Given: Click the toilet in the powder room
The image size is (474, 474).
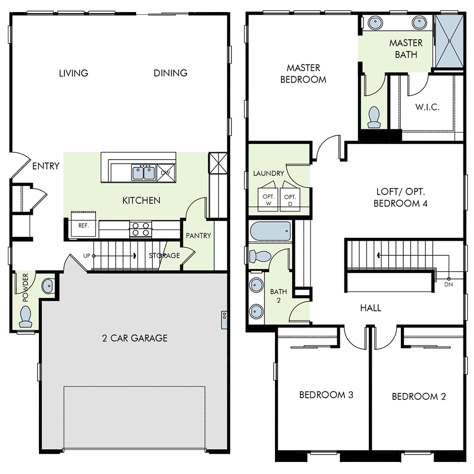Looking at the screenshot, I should tap(26, 316).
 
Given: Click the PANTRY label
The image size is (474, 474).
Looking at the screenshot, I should tap(199, 236).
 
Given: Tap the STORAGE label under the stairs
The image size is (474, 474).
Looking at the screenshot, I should tap(164, 256).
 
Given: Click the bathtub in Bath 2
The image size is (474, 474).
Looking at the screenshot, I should tap(271, 231).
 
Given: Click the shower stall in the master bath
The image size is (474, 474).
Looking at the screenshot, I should tap(449, 41).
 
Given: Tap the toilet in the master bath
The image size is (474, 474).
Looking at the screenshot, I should tap(373, 117).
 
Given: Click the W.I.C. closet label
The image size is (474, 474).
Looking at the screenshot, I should tap(427, 107).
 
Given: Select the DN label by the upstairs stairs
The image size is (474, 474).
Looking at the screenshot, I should tap(448, 284).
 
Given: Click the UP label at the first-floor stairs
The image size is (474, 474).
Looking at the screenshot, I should tap(87, 256).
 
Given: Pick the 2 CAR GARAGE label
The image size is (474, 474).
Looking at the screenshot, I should tap(135, 338).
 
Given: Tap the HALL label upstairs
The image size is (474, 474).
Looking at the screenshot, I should tap(371, 308).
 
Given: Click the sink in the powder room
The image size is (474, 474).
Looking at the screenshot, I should tap(48, 286).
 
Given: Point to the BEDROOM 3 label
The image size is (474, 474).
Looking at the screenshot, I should tap(326, 395).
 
